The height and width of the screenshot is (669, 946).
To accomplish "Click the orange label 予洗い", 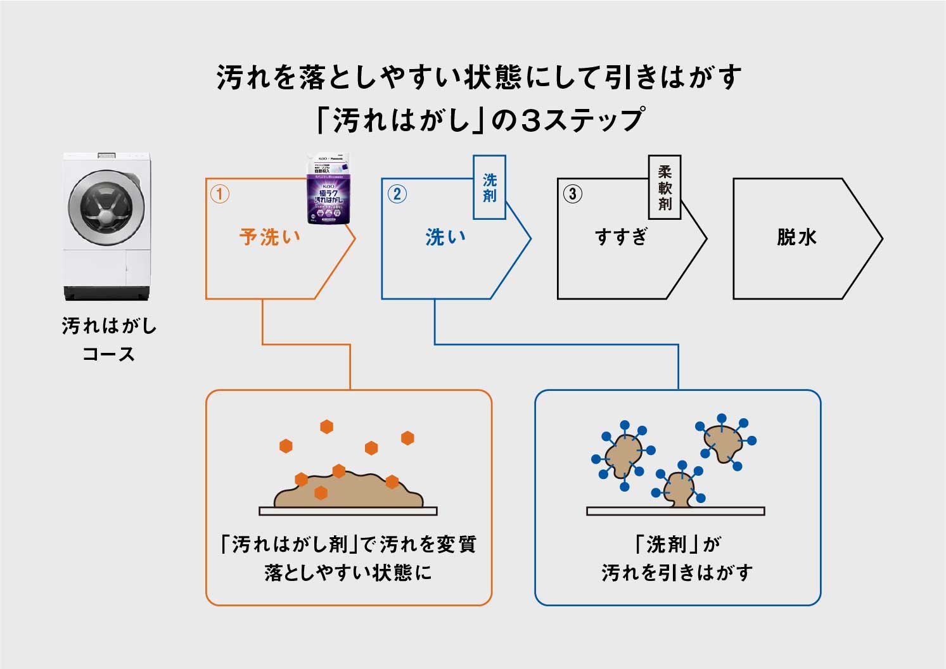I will (x=270, y=238).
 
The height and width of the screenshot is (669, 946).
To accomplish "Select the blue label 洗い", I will (x=446, y=238).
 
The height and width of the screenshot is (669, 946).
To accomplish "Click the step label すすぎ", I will (x=622, y=238).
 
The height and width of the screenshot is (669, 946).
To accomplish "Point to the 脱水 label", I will (x=796, y=238).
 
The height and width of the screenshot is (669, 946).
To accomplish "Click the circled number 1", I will (x=219, y=193).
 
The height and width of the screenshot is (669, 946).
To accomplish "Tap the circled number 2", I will (x=397, y=193).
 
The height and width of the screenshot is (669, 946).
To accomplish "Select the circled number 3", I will (x=572, y=193).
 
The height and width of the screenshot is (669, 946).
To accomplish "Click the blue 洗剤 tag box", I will (x=490, y=188).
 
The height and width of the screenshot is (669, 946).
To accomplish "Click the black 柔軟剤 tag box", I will (x=665, y=188).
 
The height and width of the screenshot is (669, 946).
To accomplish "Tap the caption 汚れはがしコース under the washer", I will (x=109, y=340).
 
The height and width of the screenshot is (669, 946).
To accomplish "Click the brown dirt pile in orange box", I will (x=348, y=492).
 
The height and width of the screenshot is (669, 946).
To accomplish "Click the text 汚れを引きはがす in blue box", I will (x=677, y=573).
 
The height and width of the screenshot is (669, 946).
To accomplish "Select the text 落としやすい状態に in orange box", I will (x=348, y=573).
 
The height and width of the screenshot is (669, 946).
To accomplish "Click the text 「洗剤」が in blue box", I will (x=677, y=544).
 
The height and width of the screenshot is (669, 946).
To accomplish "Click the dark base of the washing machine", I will (x=107, y=293).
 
